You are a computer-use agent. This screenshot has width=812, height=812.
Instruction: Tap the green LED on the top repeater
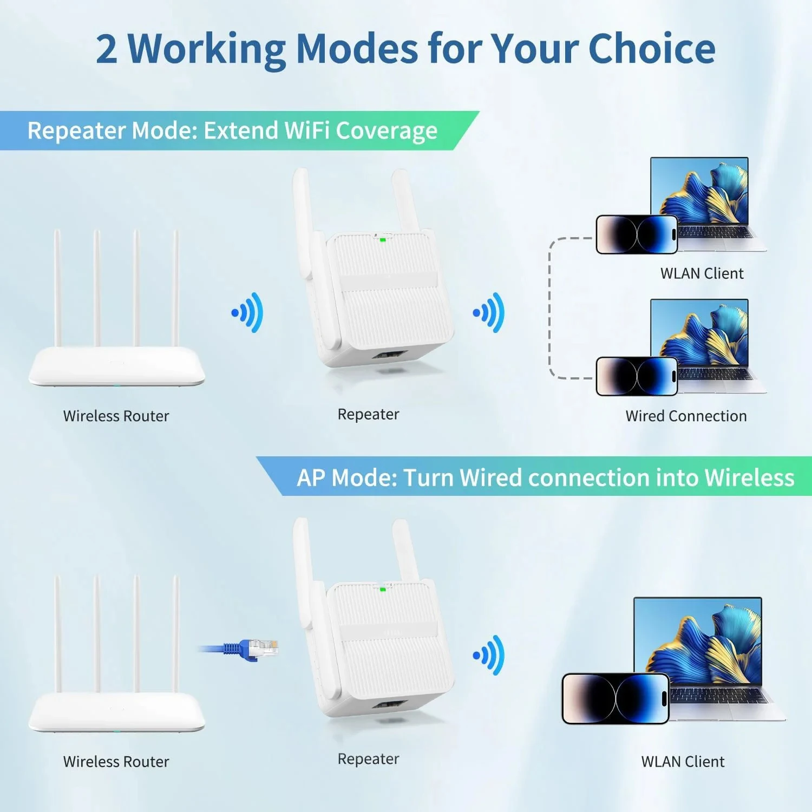383,239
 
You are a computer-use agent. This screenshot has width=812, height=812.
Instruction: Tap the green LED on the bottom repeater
383,589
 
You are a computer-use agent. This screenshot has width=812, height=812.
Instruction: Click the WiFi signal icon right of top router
248,312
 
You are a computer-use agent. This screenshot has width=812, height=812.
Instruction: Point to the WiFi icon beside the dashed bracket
489,312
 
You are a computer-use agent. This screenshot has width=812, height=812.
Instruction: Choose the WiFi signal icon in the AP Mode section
489,655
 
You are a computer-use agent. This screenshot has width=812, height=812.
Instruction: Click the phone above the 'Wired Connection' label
637,376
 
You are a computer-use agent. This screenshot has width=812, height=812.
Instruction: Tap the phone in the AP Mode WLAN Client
615,698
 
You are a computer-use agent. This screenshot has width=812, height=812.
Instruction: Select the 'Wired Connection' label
686,416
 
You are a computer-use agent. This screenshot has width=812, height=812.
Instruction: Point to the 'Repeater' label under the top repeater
368,414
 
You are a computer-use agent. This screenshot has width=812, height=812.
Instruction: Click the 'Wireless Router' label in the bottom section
116,761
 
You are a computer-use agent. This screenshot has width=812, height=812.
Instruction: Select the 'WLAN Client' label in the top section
702,273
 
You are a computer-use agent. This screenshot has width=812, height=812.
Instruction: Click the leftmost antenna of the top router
57,287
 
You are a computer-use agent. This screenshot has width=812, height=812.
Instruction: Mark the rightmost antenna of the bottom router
176,633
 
